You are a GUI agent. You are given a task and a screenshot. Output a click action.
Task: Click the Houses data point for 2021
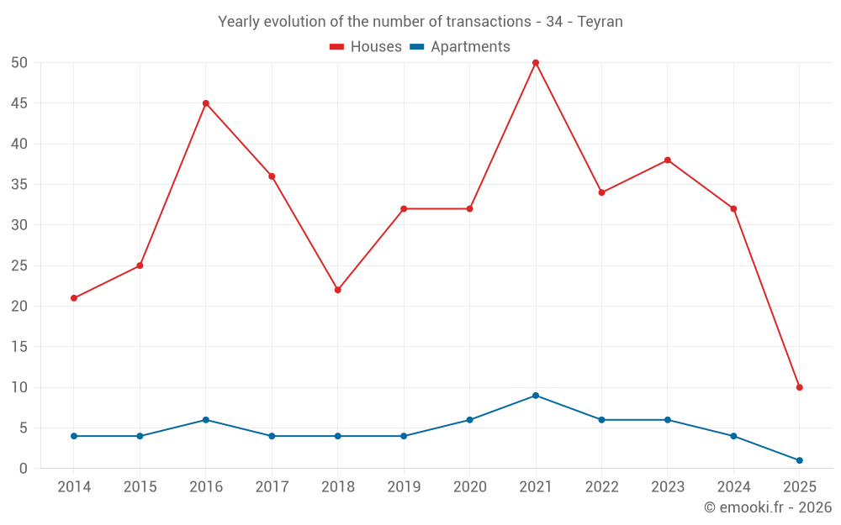[536, 63]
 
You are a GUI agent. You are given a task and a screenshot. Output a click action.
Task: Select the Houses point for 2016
[206, 103]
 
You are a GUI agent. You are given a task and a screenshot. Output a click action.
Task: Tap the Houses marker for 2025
[799, 387]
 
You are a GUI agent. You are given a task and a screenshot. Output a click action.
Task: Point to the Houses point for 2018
[338, 290]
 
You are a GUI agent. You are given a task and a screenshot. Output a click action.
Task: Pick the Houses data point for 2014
[74, 298]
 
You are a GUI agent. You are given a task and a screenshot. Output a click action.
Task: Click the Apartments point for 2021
[536, 396]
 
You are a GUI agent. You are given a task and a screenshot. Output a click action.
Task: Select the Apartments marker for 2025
[799, 460]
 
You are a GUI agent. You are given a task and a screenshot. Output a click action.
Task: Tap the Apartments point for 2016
[206, 420]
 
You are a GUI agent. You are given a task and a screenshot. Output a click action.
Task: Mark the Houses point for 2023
[668, 160]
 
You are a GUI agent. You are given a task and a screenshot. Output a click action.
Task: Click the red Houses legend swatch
[337, 47]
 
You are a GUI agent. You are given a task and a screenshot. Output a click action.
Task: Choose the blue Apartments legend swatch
[417, 47]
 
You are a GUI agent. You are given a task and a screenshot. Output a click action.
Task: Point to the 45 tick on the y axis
[20, 103]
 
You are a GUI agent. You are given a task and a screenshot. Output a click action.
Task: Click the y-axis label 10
[20, 387]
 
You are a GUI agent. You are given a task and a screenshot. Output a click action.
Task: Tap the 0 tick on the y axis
[24, 469]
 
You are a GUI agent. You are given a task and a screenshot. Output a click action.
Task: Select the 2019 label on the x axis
[404, 487]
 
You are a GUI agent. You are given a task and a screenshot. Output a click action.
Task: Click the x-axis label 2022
[601, 487]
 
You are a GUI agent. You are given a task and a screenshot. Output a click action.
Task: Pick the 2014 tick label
[74, 487]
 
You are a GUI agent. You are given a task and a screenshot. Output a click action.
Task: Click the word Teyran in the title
[600, 22]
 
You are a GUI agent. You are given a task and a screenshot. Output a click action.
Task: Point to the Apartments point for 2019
[404, 436]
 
